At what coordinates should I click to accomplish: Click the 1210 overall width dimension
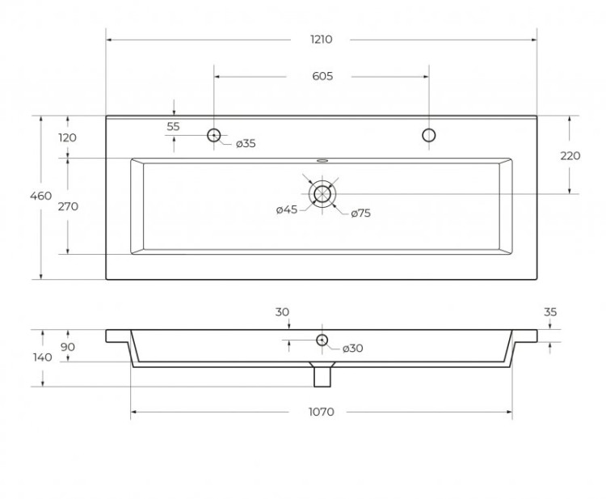[321, 39]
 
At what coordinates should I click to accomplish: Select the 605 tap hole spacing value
[322, 77]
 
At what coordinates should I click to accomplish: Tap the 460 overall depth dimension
[40, 196]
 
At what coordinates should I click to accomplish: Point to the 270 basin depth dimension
[68, 206]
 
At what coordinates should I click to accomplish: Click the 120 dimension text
[68, 137]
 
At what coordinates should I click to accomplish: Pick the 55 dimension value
[173, 127]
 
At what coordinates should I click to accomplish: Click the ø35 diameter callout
[246, 144]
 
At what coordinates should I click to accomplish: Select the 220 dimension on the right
[570, 156]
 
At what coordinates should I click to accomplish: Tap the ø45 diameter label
[287, 210]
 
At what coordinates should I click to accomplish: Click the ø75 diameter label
[360, 214]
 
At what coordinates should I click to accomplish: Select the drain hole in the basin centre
[322, 193]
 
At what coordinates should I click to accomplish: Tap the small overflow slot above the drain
[322, 160]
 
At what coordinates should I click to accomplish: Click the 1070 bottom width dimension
[321, 412]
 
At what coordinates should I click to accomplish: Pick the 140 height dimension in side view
[43, 357]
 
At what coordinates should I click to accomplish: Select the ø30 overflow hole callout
[352, 349]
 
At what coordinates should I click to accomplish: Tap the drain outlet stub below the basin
[322, 375]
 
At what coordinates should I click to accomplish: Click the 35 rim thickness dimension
[551, 312]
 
